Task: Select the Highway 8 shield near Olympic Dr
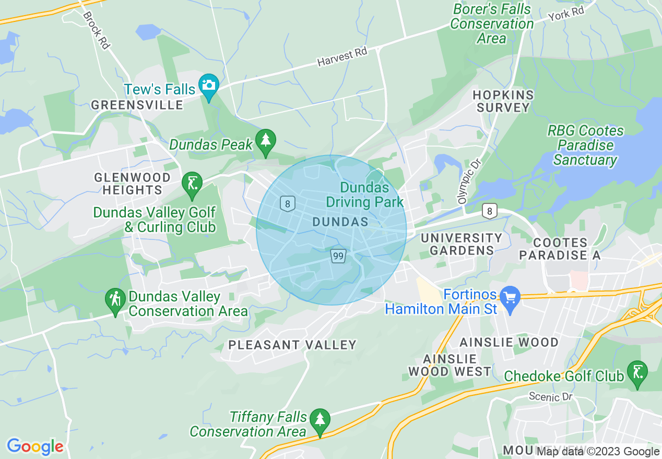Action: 489,211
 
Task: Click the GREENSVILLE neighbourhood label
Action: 137,105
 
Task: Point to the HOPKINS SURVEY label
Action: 502,101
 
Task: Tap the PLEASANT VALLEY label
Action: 292,345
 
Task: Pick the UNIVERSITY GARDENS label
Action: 462,244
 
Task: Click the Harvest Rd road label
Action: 342,57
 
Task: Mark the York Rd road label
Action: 566,14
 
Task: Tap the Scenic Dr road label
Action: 551,397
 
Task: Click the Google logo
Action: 35,446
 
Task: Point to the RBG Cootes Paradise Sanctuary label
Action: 585,145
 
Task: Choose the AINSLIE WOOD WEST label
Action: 450,365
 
